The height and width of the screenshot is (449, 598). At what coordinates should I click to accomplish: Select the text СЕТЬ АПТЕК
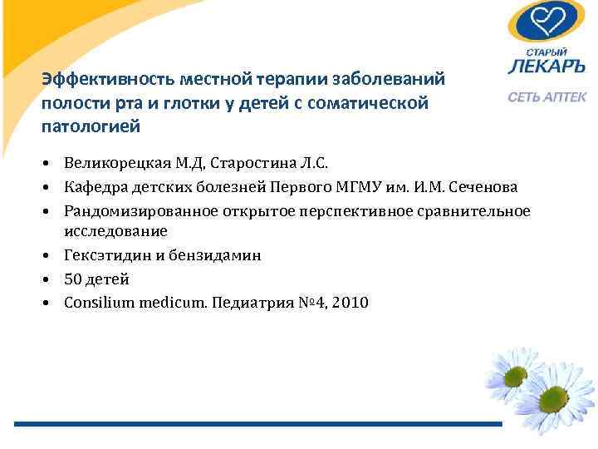547,98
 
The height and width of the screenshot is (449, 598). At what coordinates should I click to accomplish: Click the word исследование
115,230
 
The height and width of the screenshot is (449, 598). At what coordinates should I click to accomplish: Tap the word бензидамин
218,255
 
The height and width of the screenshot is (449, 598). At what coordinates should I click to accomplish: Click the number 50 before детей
74,279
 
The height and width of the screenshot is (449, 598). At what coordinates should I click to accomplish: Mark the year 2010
349,303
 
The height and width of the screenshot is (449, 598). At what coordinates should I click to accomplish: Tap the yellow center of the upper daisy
516,375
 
